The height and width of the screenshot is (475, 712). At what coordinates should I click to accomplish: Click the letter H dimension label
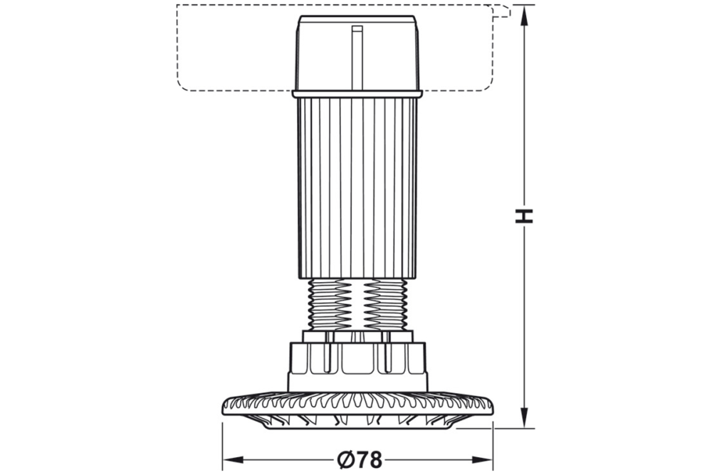524,216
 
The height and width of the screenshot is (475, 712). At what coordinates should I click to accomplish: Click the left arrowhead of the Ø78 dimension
231,460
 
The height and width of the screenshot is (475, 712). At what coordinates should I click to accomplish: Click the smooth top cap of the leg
328,53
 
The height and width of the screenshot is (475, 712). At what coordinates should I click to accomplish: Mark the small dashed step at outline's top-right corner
503,11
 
